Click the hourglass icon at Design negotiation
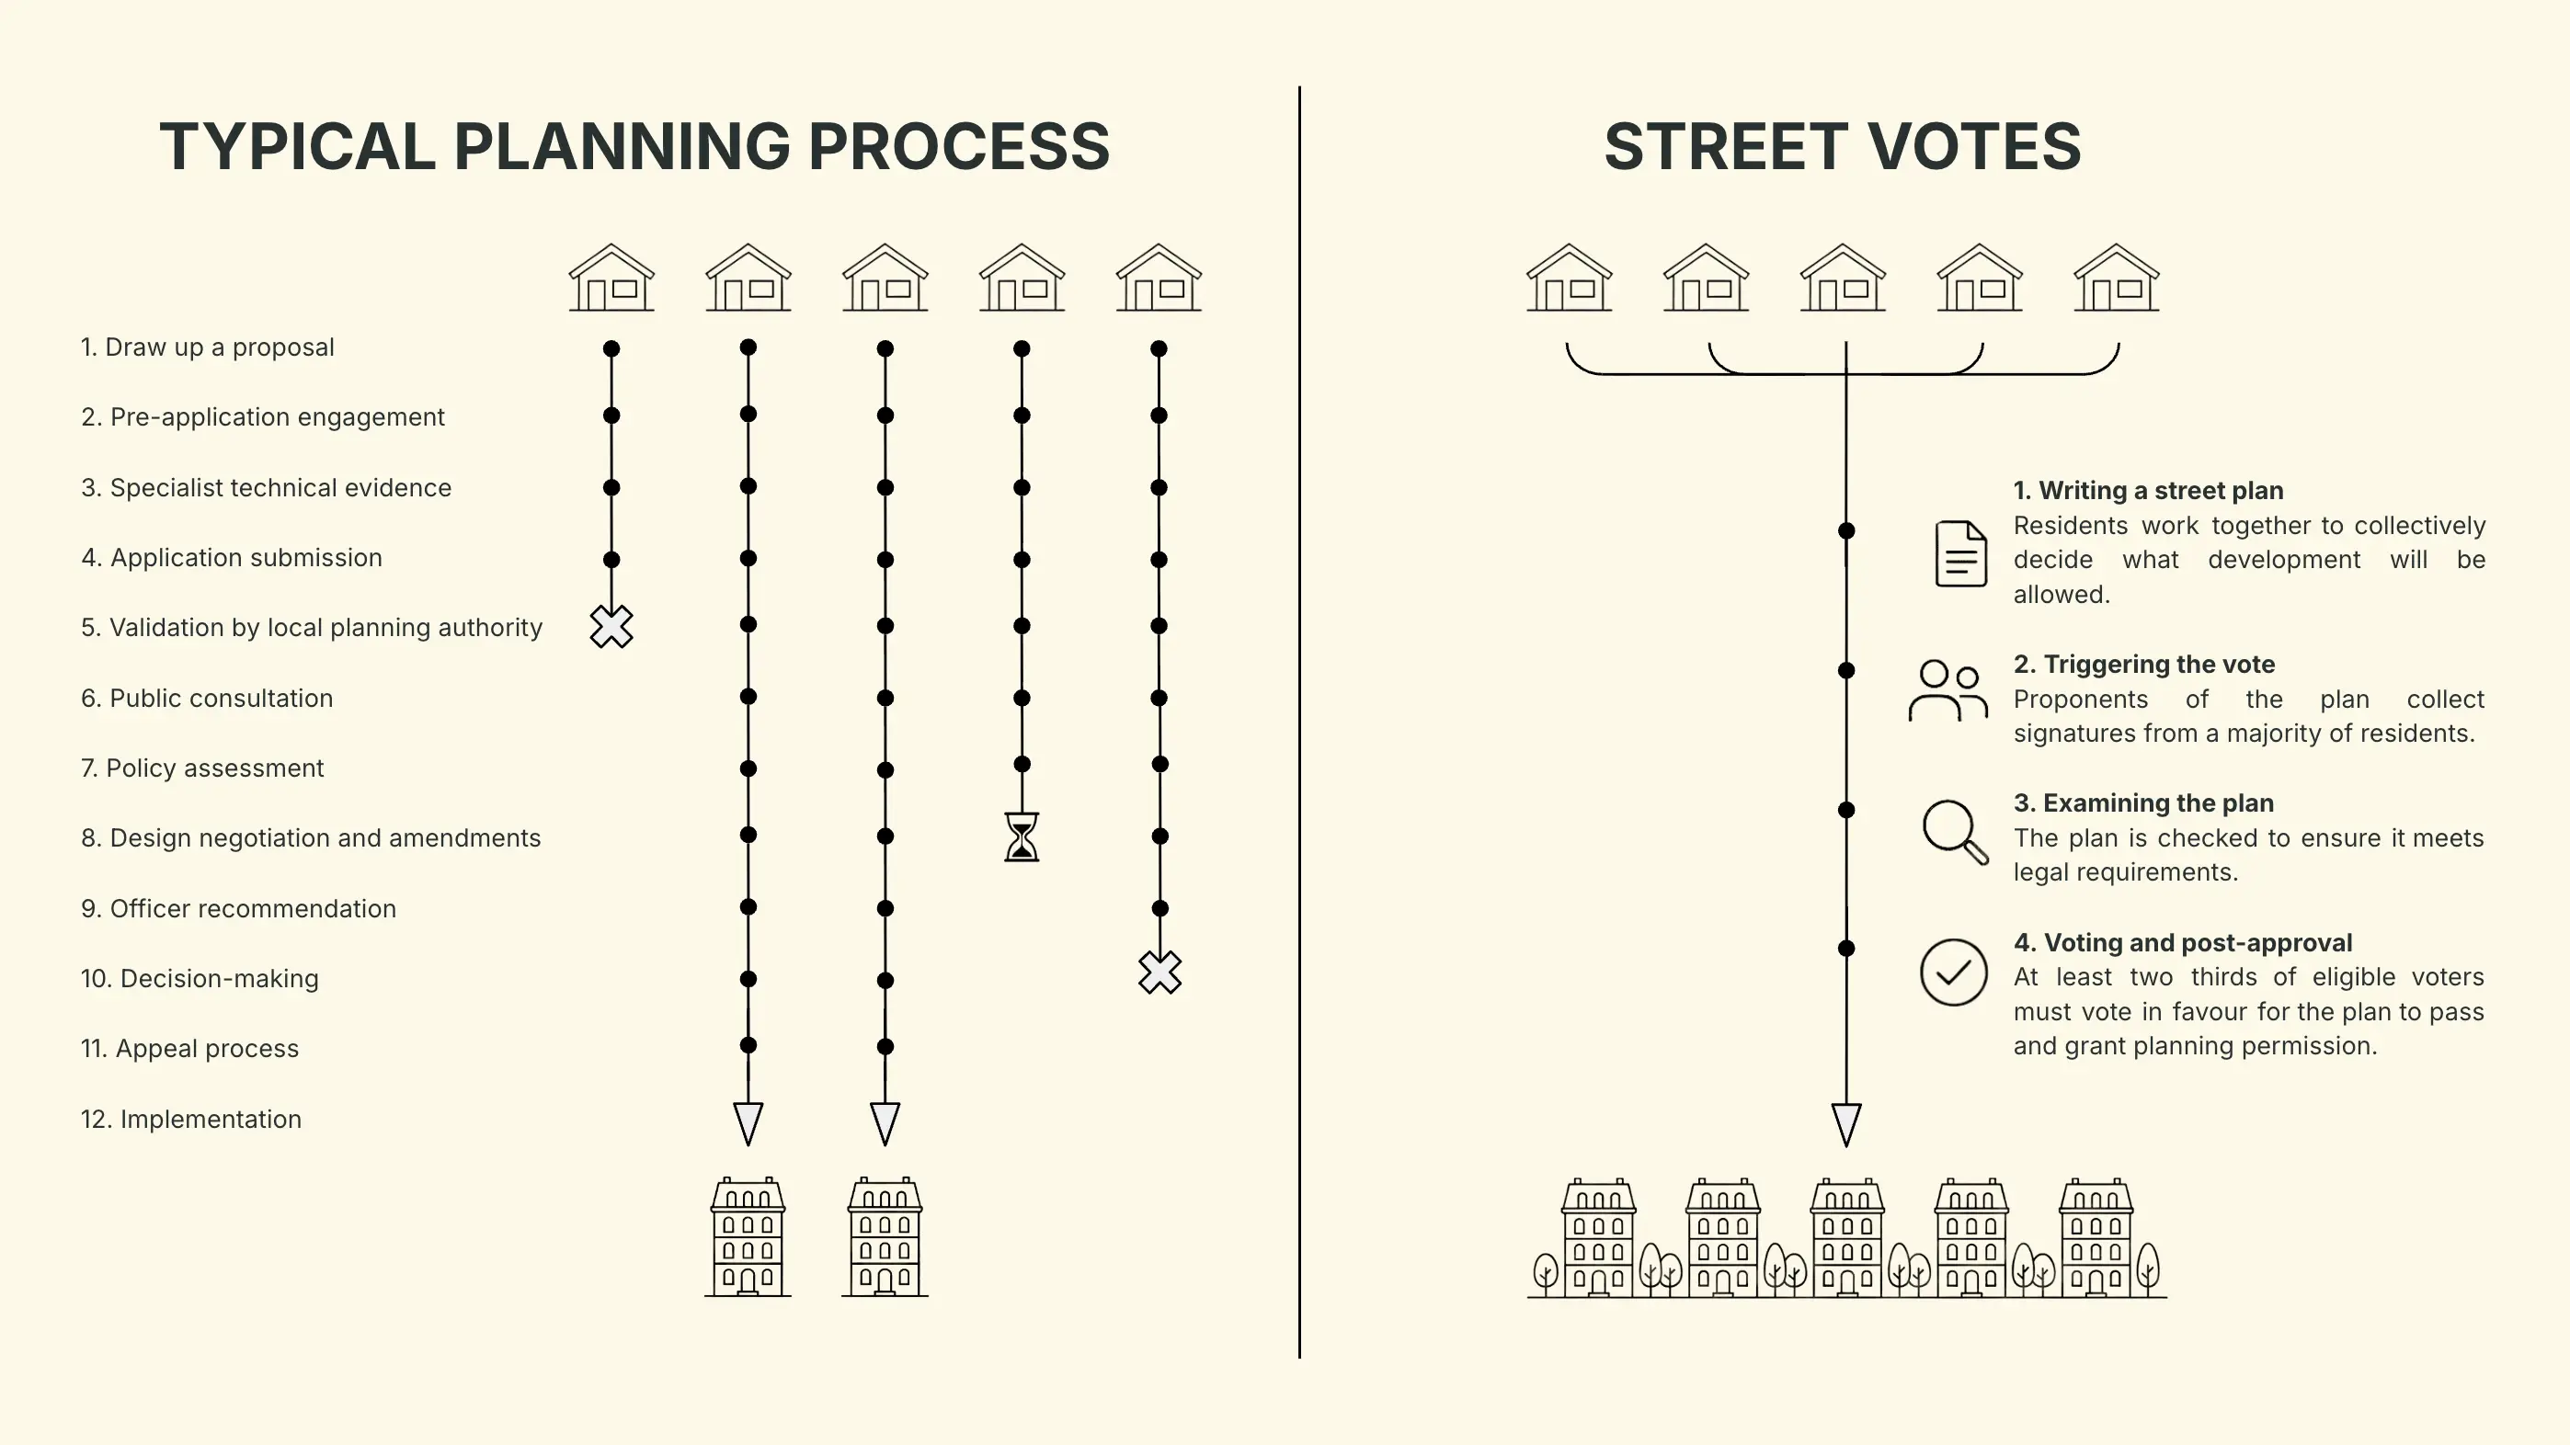[1022, 836]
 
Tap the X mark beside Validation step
[611, 627]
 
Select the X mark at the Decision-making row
[1159, 973]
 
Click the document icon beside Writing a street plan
[1960, 553]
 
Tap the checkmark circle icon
[1952, 973]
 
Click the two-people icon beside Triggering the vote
[1947, 690]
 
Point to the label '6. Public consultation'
[207, 698]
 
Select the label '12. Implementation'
[190, 1119]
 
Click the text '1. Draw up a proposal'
[207, 347]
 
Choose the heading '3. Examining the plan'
[2143, 802]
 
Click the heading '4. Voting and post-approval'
[2182, 942]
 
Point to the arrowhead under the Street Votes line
[1845, 1125]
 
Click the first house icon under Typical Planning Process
[611, 279]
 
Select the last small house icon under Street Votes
[2116, 279]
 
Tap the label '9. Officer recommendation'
[238, 908]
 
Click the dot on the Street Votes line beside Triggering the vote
[1846, 670]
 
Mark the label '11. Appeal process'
[189, 1048]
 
